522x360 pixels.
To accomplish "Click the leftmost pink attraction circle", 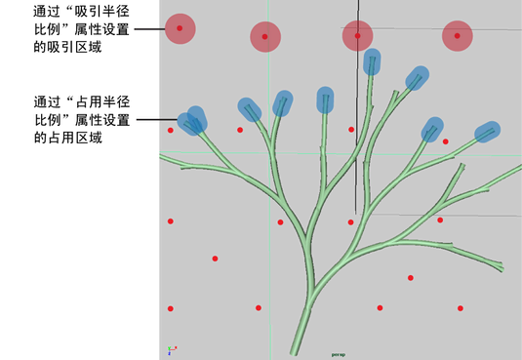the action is click(181, 28).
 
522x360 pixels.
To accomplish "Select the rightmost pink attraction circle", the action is click(458, 36).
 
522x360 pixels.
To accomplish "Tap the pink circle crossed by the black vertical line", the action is click(357, 36).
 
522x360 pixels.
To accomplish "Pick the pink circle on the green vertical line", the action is click(265, 37).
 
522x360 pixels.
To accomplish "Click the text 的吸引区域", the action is click(67, 47).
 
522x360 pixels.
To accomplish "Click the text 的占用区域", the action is click(68, 138).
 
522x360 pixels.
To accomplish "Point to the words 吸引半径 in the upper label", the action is click(101, 12).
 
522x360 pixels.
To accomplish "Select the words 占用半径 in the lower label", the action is click(102, 101).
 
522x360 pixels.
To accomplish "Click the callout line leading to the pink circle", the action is click(149, 29).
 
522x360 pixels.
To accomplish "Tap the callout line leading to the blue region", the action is click(157, 120).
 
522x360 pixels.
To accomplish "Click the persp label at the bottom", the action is click(339, 355).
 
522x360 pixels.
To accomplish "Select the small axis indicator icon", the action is click(172, 350).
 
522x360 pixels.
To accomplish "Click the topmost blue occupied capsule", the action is click(372, 61).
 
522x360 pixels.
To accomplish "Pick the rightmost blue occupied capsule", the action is click(488, 132).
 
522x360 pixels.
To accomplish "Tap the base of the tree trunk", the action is click(295, 353).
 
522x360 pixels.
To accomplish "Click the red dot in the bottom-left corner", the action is click(171, 308).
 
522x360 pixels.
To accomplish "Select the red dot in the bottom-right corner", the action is click(461, 308).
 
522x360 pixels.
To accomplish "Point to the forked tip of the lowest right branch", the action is click(501, 267).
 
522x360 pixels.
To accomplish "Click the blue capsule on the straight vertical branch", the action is click(325, 100).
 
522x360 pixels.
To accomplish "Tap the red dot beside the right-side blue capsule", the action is click(446, 141).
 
